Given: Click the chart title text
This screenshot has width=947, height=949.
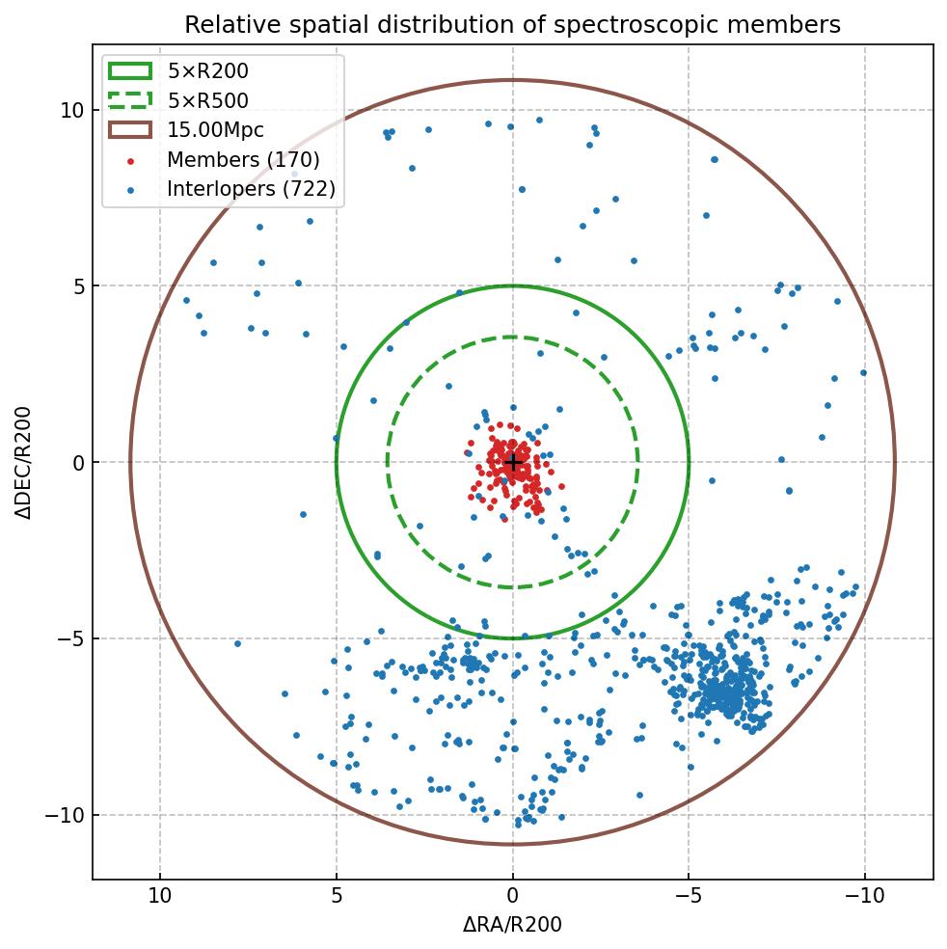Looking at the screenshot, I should tap(512, 24).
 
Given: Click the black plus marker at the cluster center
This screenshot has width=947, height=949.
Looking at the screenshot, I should tap(512, 463).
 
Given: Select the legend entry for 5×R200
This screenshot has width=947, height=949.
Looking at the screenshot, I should tap(207, 71).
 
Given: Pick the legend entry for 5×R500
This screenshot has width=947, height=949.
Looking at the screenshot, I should tap(207, 100).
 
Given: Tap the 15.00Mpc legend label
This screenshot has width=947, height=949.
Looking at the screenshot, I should tap(215, 130).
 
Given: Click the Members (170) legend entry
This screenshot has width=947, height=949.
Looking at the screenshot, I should tap(243, 159).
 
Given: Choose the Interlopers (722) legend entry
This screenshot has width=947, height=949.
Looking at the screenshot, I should tap(251, 189).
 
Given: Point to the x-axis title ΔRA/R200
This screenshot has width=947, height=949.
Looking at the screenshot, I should tap(512, 925).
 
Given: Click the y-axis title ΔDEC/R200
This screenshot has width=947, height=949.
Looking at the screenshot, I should tap(23, 463).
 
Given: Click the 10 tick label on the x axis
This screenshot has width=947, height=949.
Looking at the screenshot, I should tap(160, 896).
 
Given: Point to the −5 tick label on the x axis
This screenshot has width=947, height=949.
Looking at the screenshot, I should tap(689, 896).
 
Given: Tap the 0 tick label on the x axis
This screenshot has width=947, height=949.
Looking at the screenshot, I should tap(512, 896).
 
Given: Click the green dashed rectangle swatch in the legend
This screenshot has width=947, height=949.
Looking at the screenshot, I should tap(130, 100).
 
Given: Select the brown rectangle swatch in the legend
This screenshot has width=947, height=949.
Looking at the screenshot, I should tap(130, 130).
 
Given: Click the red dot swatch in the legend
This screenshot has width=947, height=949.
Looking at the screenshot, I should tap(130, 160).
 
